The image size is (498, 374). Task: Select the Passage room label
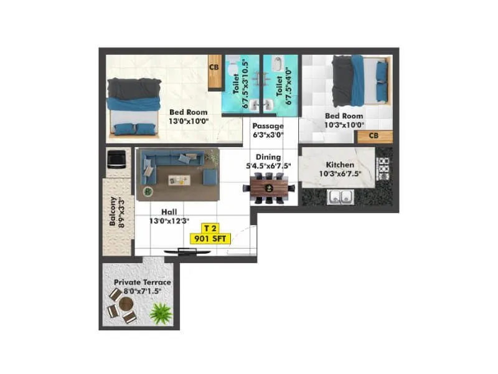coord(268,126)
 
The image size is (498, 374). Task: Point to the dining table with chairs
coord(270,188)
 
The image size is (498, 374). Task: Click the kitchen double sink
coord(340,198)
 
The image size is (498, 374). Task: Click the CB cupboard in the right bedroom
coord(374,136)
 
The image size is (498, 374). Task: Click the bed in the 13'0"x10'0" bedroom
coord(134,107)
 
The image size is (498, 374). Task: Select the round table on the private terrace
coord(126,305)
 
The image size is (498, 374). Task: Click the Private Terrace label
coord(142,282)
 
